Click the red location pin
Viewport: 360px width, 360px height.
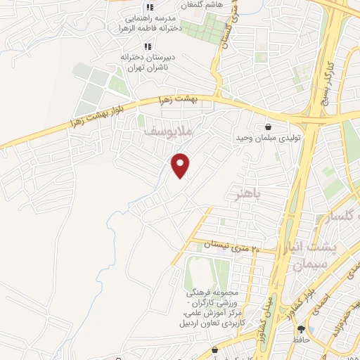[181, 165]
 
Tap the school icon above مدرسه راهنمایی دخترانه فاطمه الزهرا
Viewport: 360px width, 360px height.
[148, 8]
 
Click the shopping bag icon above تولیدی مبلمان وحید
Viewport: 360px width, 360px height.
[269, 127]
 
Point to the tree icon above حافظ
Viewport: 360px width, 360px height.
[301, 328]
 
